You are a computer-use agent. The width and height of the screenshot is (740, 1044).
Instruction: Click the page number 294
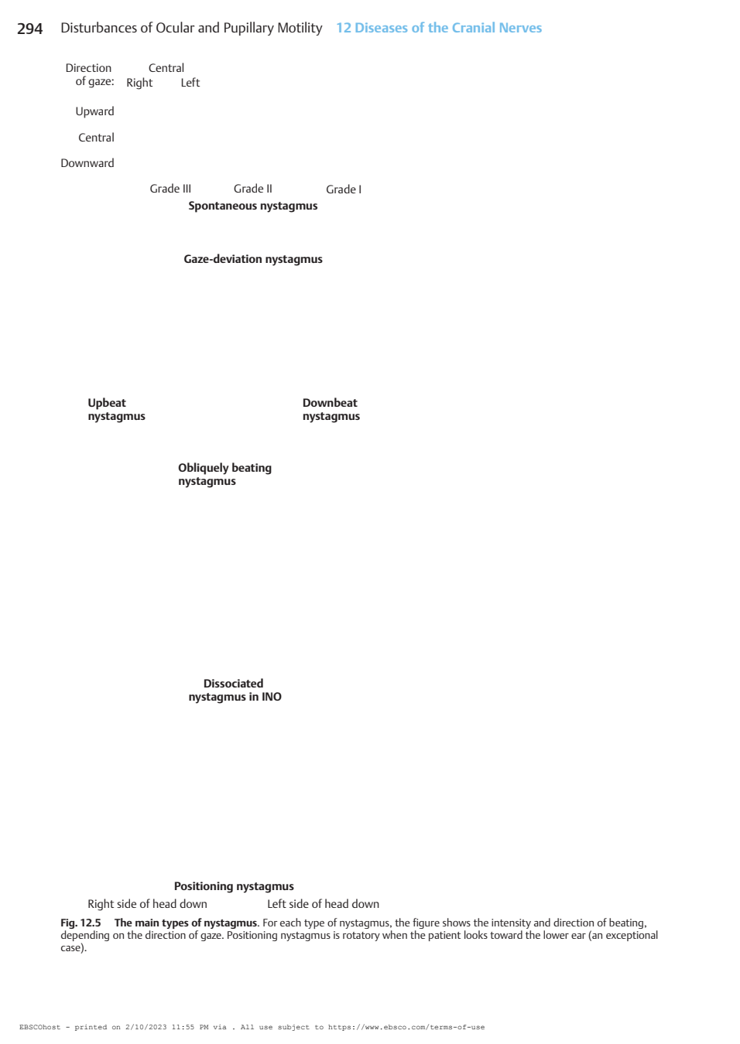click(30, 29)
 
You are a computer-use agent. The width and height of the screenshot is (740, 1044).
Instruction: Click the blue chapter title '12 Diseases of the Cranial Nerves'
click(439, 28)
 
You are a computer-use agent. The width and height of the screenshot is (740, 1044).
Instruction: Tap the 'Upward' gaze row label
click(94, 112)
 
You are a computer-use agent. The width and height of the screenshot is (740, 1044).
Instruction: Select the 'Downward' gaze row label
click(87, 163)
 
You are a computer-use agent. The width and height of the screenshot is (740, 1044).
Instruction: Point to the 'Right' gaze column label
click(139, 83)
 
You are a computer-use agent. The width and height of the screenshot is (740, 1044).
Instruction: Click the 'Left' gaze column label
click(190, 83)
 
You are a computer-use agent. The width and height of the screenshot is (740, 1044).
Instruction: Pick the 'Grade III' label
click(170, 189)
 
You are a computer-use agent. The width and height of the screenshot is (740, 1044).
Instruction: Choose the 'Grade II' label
click(253, 189)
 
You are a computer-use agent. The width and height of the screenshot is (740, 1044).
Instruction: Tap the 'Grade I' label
click(344, 189)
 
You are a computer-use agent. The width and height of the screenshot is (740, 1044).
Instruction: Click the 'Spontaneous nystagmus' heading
click(253, 206)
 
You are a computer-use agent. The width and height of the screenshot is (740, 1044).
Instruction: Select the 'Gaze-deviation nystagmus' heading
click(253, 259)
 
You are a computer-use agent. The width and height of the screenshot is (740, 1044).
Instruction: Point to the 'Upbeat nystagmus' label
click(117, 409)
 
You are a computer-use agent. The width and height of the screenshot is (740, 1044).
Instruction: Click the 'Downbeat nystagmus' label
click(331, 409)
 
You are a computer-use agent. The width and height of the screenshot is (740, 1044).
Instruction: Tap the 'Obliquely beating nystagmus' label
click(225, 475)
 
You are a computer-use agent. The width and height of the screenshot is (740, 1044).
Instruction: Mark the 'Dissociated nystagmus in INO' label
click(235, 691)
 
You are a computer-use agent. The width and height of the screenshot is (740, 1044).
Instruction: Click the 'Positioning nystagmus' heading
click(235, 886)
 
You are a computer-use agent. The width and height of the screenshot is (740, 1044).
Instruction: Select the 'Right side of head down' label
click(147, 904)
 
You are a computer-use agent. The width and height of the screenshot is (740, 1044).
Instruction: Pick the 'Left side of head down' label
click(324, 904)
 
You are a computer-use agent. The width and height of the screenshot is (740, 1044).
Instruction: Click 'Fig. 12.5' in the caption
click(81, 923)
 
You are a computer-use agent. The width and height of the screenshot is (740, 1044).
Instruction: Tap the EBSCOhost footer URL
click(406, 1027)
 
